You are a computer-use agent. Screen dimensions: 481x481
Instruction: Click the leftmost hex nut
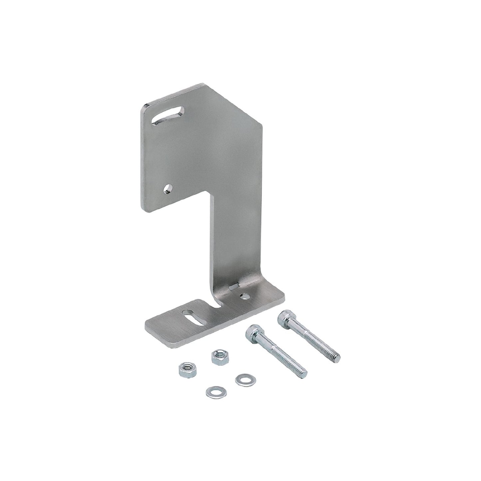click(x=184, y=368)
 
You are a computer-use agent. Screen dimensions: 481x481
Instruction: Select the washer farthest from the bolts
click(x=212, y=390)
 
